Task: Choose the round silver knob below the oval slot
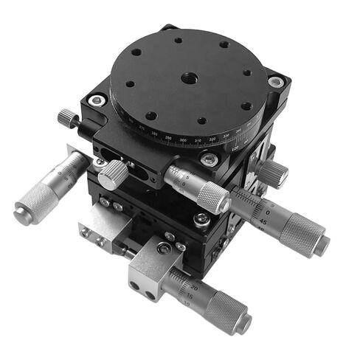[114, 175]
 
